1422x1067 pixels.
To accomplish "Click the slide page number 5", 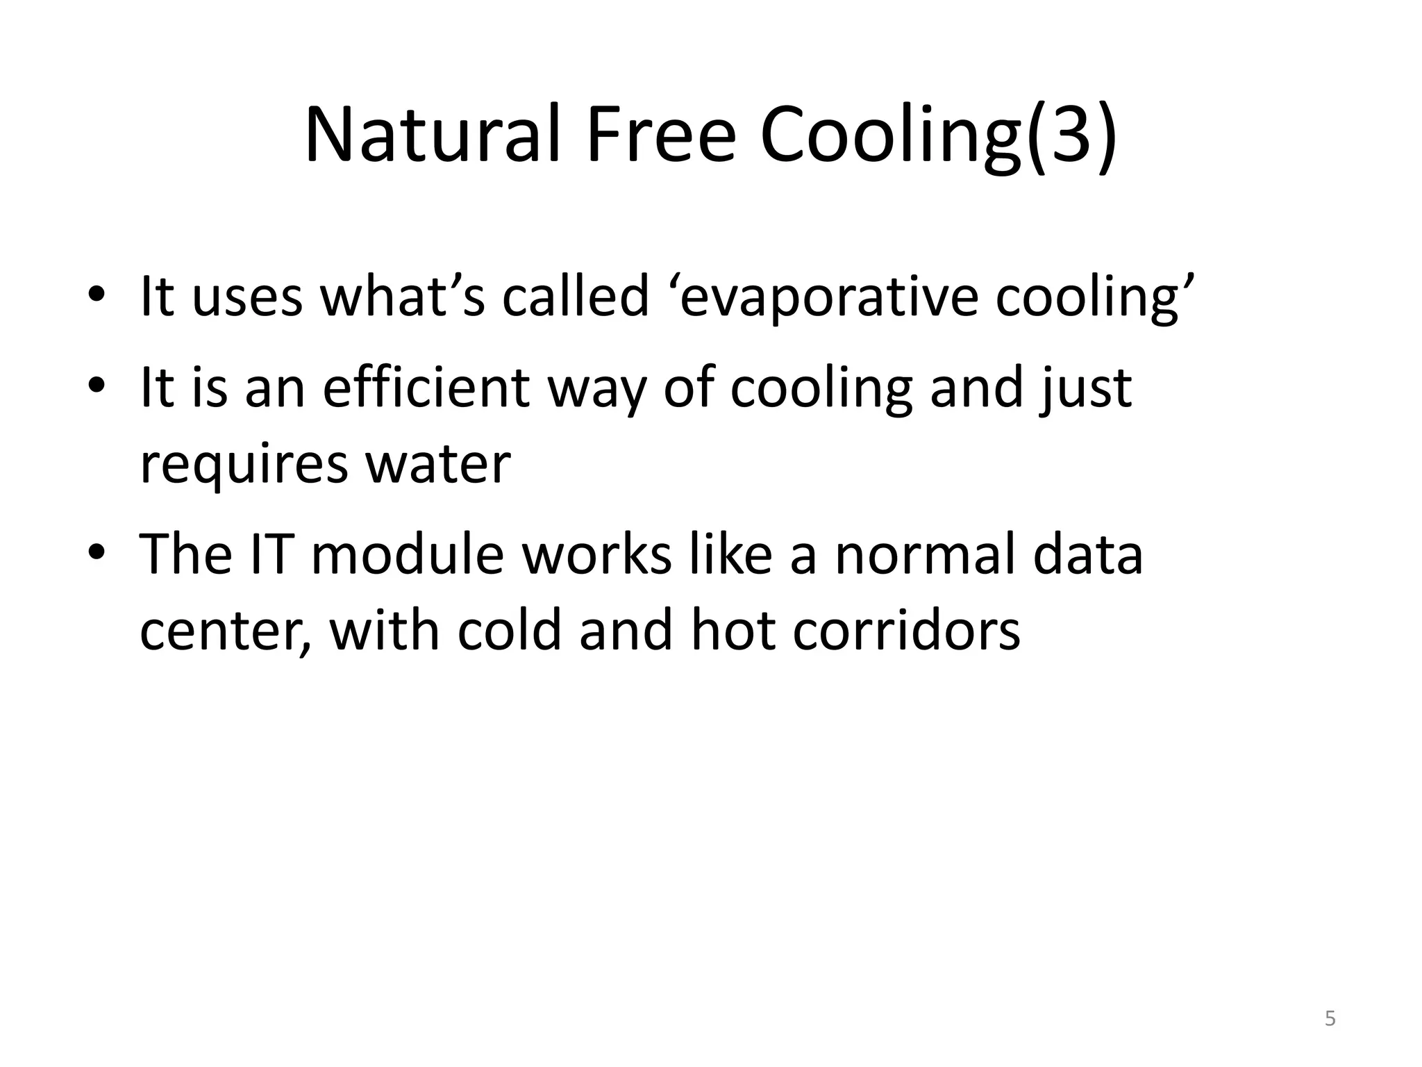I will click(x=1330, y=1018).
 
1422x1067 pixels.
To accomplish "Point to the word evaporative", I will click(x=829, y=297).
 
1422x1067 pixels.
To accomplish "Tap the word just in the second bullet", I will click(x=1085, y=388).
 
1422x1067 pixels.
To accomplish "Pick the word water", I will click(x=438, y=464).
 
